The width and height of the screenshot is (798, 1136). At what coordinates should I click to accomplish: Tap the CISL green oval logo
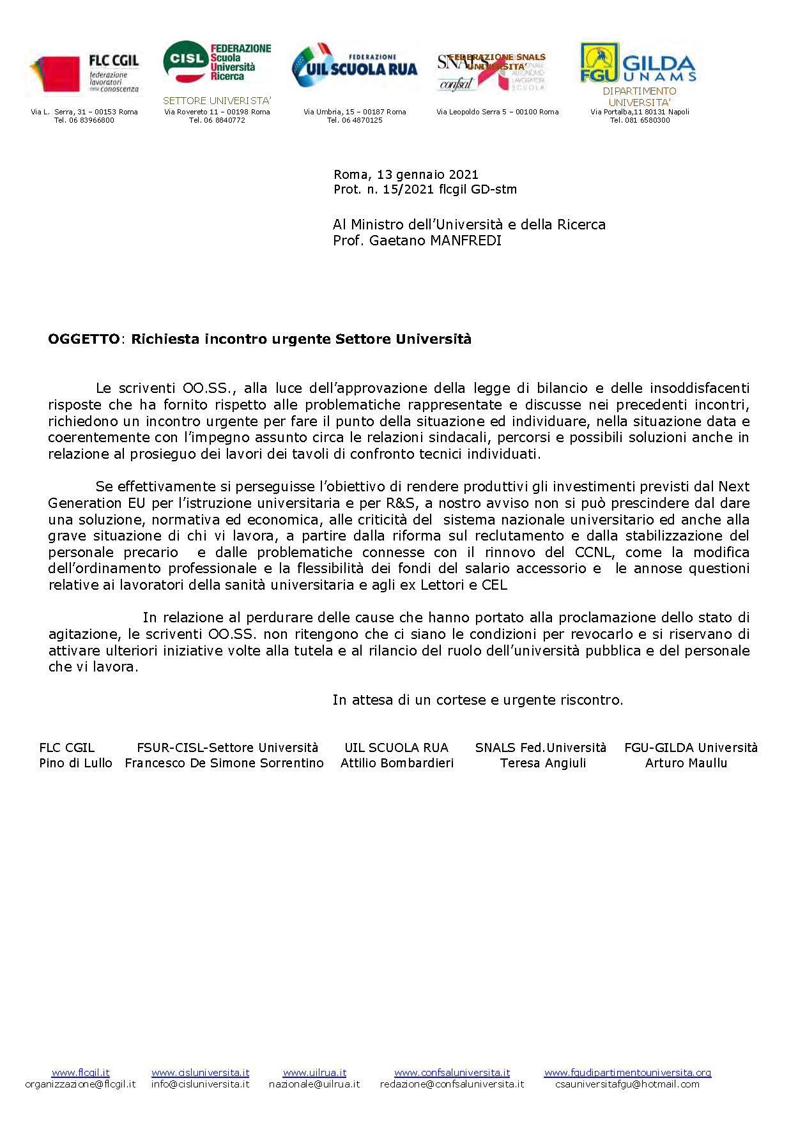coord(186,59)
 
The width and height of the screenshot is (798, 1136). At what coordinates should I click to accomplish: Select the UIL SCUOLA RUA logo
coord(355,66)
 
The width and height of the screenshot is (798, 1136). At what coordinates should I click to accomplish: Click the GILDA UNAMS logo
coord(638,63)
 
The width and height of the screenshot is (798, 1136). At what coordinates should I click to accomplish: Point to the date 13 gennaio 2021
coord(427,174)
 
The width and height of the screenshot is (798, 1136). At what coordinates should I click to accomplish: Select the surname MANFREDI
coord(464,241)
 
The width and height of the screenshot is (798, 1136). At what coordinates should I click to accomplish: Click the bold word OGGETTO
coord(84,339)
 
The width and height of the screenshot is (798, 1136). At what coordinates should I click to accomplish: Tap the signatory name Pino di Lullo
coord(75,763)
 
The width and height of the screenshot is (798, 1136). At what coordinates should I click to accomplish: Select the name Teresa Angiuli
coord(543,763)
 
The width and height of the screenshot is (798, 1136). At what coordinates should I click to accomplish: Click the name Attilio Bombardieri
coord(397,763)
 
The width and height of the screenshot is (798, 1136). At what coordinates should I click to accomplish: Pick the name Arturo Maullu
coord(686,763)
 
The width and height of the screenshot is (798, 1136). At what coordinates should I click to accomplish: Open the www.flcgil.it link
coord(81,1073)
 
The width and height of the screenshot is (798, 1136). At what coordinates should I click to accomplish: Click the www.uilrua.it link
coord(314,1073)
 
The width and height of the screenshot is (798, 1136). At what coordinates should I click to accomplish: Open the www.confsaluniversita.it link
coord(452,1073)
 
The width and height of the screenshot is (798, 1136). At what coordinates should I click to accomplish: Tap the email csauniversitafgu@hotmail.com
coord(627,1084)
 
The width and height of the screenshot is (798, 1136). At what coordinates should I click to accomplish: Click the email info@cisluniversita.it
coord(200,1084)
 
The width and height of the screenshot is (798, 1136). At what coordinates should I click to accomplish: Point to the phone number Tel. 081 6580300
coord(640,120)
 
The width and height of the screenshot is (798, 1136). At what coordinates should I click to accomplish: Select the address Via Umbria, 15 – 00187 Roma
coord(355,112)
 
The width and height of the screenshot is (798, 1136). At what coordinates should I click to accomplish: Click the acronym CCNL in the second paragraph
coord(593,552)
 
